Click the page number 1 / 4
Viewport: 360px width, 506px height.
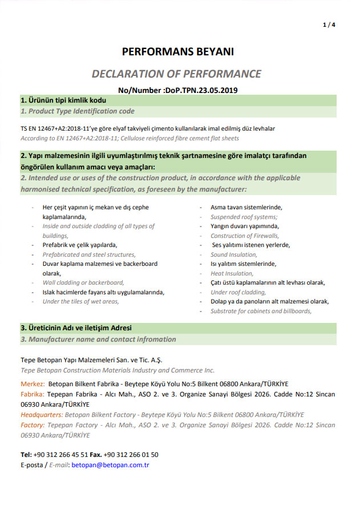coord(329,25)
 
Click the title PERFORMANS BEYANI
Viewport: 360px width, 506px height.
coord(178,52)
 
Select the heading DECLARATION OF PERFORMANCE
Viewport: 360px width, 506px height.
coord(176,74)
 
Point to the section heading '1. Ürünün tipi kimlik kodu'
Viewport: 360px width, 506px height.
coord(63,100)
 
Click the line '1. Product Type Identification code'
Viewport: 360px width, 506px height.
coord(78,111)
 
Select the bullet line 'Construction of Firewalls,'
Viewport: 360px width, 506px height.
coord(245,236)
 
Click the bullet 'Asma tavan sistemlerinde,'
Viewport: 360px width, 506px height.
coord(246,208)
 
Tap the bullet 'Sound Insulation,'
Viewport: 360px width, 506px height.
coord(234,254)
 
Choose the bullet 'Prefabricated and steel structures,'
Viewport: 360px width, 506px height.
coord(89,254)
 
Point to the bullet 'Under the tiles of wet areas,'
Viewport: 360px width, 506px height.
coord(80,301)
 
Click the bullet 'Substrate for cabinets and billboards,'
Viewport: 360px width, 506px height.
coord(261,311)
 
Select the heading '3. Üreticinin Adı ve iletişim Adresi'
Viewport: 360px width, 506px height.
coord(76,328)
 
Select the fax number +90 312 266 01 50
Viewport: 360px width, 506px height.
coord(131,455)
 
